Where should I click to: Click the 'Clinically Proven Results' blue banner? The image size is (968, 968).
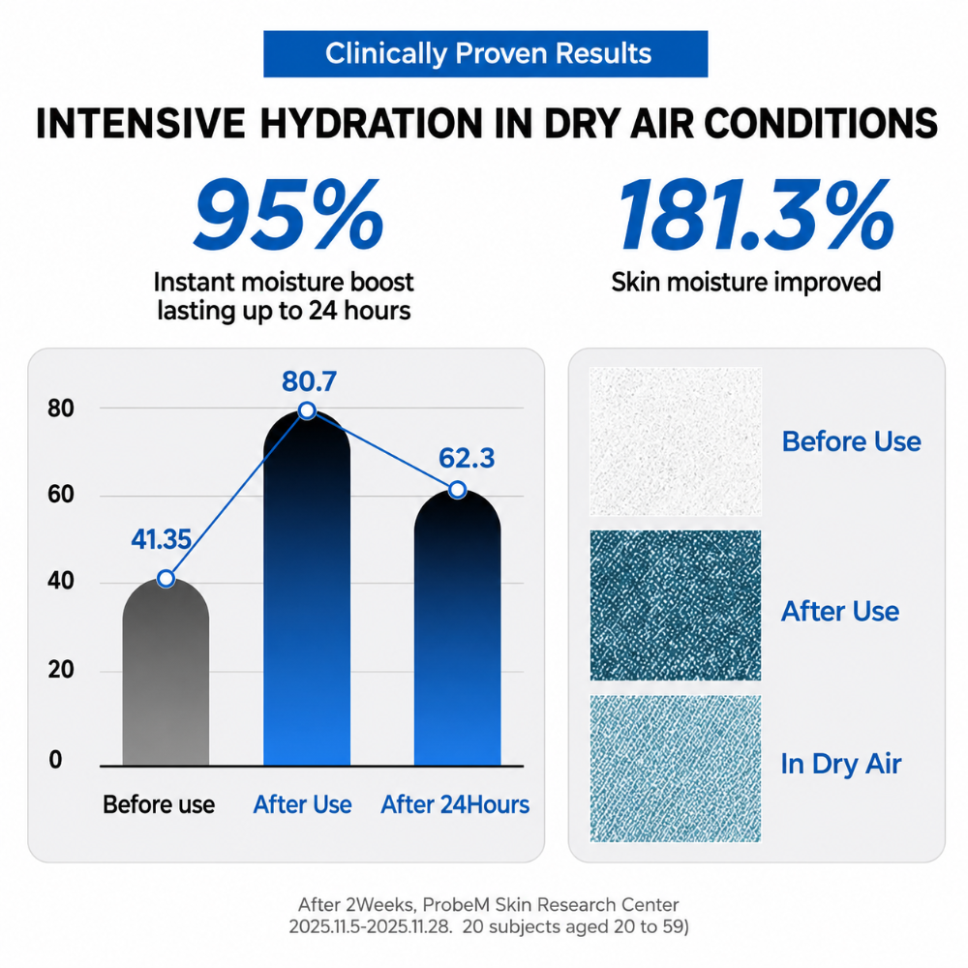pos(485,53)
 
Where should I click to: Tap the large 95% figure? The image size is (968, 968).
pos(288,215)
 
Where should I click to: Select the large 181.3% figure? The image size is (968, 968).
pos(756,215)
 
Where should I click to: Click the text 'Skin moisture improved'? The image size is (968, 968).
pos(745,282)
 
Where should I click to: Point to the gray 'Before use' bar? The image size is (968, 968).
pos(166,673)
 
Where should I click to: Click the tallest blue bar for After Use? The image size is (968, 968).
pos(307,589)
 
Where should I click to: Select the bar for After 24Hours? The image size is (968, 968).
pos(458,628)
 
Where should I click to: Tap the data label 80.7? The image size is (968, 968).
pos(310,381)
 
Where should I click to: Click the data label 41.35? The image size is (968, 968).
pos(161,539)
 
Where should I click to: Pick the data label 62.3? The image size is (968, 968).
pos(467,458)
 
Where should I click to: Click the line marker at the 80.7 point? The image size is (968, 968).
pos(307,410)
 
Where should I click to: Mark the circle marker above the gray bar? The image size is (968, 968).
pos(166,579)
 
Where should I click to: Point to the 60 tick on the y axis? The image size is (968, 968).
pos(60,495)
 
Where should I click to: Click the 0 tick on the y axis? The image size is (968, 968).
pos(55,759)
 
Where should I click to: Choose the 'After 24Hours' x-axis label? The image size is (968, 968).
pos(455,804)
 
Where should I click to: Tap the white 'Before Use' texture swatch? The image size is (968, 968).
pos(676,441)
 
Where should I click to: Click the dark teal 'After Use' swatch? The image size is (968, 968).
pos(676,606)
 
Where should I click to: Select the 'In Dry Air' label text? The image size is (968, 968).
pos(841,765)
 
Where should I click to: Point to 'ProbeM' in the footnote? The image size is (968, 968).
pos(457,905)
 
